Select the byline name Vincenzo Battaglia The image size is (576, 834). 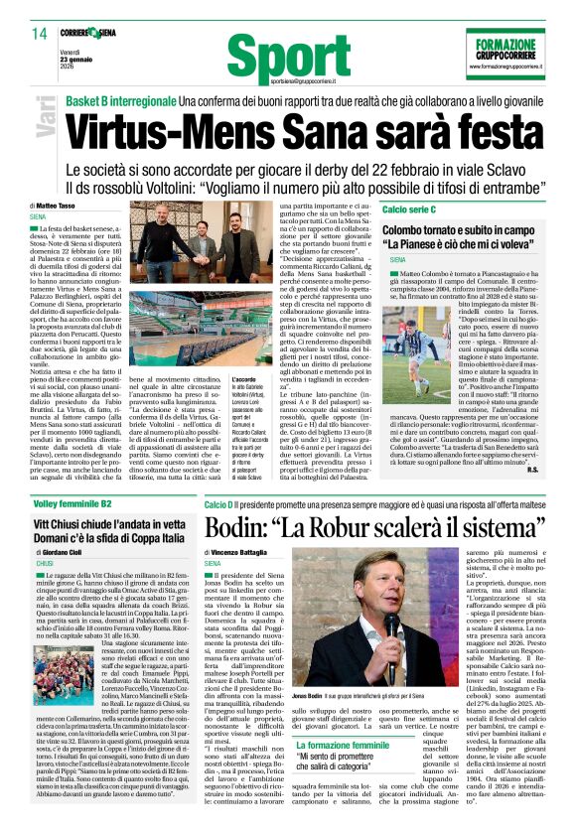249,551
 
